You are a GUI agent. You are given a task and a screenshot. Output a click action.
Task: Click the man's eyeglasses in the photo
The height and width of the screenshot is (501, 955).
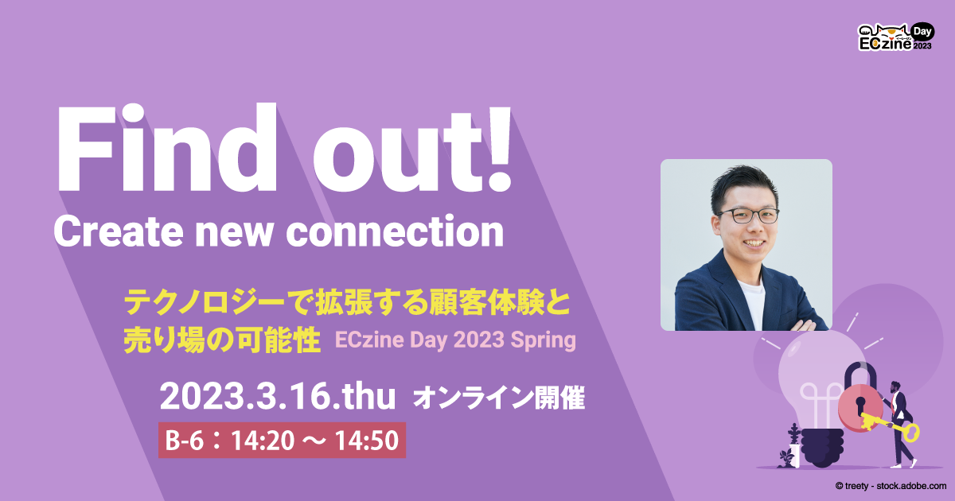pyautogui.click(x=748, y=215)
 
